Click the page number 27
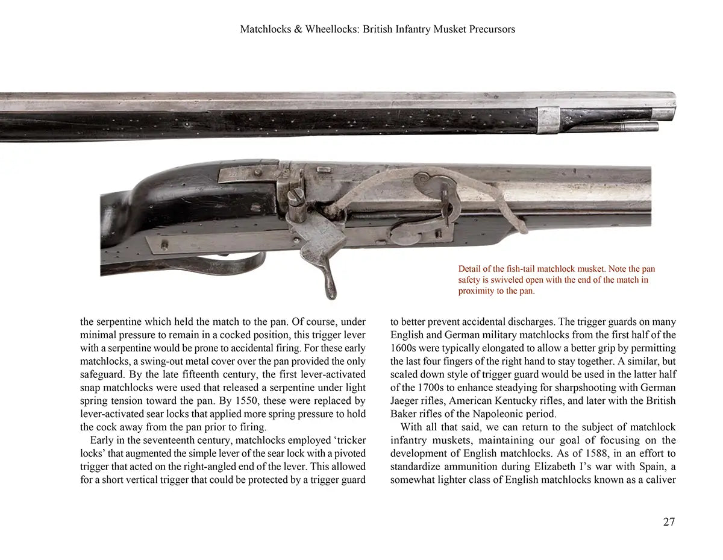coord(669,522)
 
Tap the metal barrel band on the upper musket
coord(548,119)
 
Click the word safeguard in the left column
coord(103,374)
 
